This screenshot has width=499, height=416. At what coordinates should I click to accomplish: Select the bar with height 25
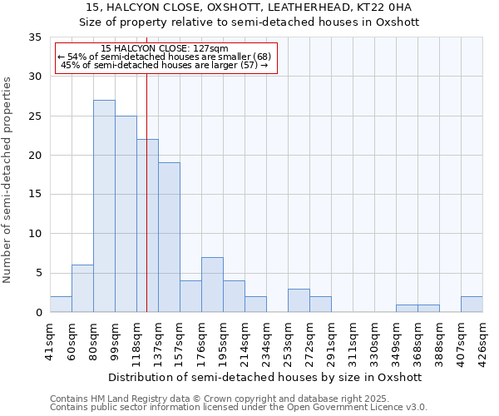click(126, 214)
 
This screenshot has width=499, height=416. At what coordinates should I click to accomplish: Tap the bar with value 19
click(169, 237)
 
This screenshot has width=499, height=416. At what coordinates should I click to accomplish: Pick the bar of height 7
click(212, 285)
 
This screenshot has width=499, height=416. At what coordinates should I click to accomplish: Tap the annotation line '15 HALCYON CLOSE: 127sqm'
click(164, 49)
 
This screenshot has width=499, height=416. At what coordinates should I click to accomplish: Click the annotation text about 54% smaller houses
click(164, 57)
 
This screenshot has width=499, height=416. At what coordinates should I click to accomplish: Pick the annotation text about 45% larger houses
click(164, 65)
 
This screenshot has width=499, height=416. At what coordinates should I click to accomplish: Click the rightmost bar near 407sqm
click(472, 305)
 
